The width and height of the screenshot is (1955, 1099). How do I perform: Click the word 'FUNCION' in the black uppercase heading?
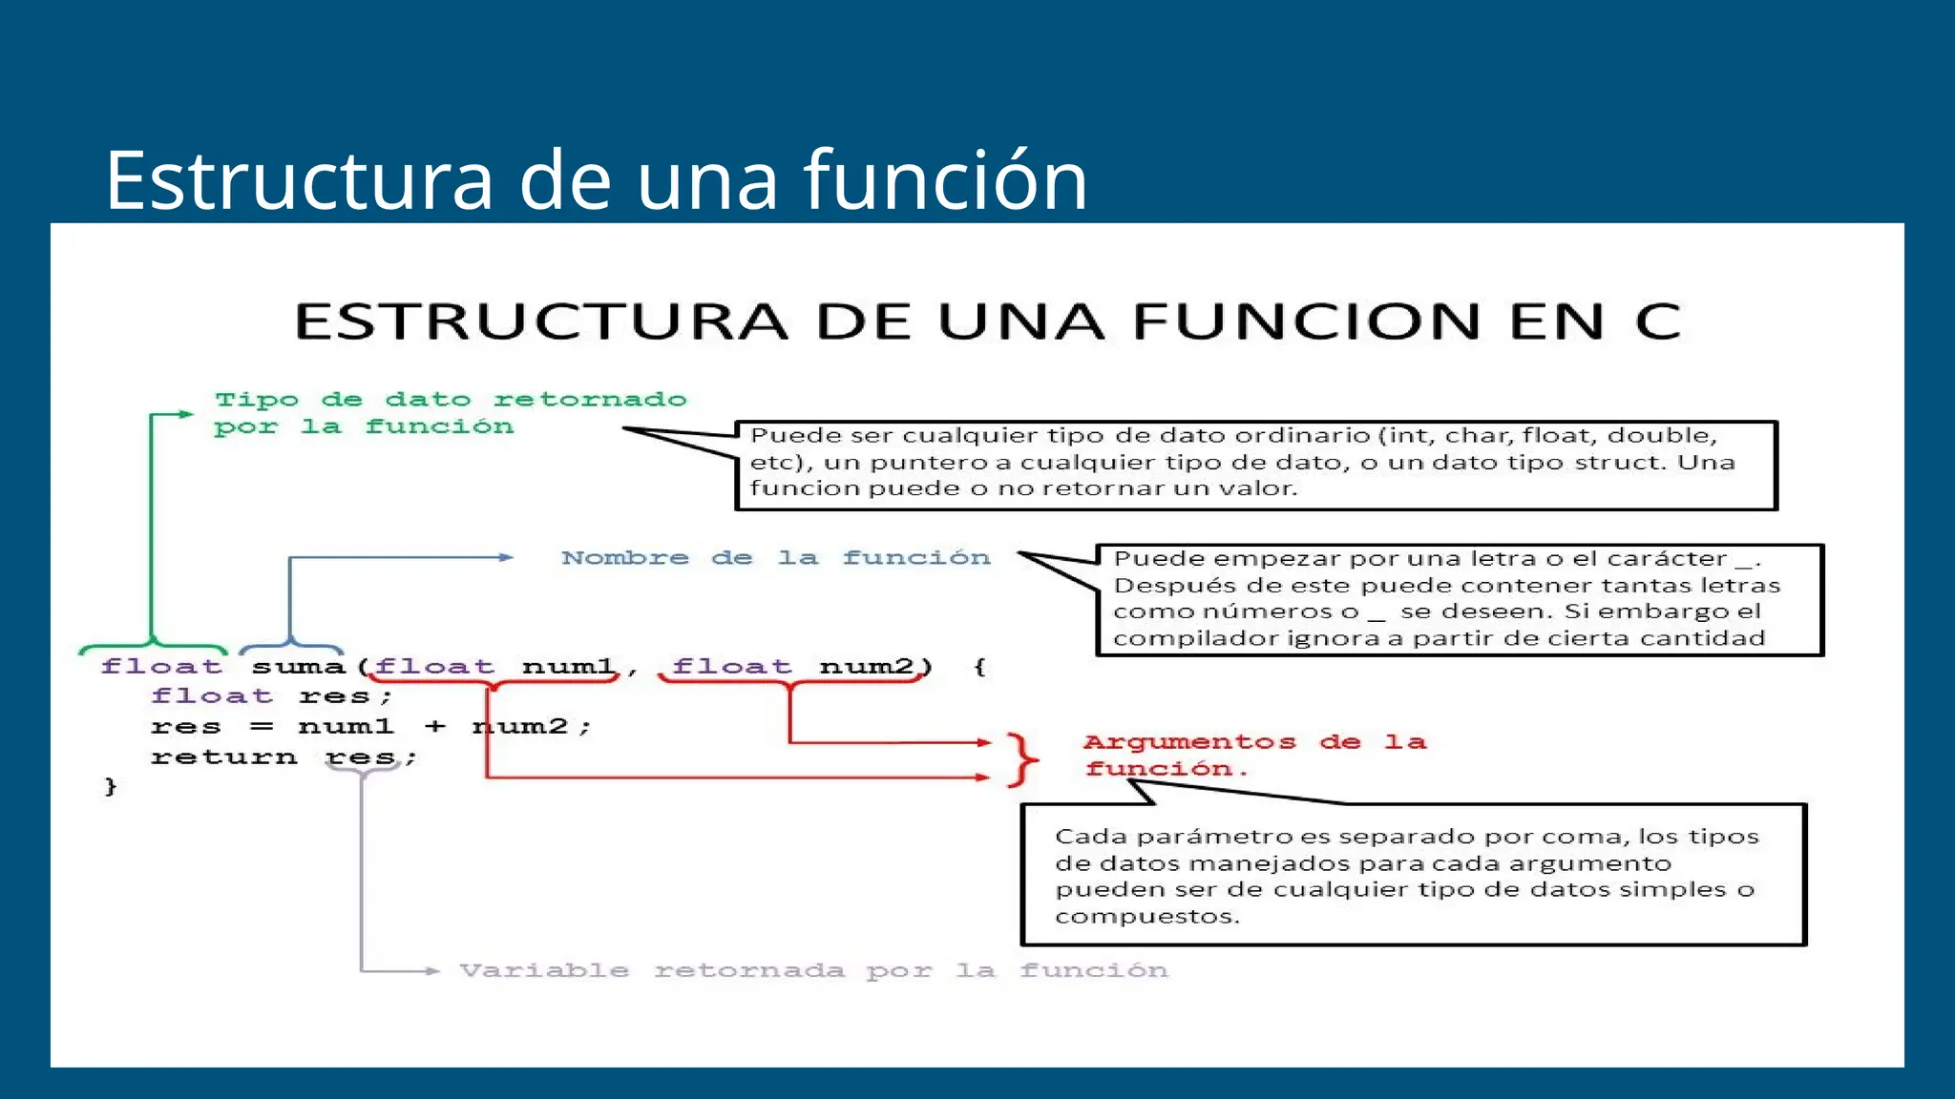click(x=1307, y=321)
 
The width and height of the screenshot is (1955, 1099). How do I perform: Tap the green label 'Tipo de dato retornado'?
click(x=451, y=400)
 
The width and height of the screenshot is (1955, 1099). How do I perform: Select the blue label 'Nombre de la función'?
click(x=775, y=558)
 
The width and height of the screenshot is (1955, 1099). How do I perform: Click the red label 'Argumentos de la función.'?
click(x=1253, y=755)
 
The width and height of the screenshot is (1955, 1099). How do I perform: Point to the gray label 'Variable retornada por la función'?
click(x=813, y=971)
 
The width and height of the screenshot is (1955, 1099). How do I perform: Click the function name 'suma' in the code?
click(x=298, y=667)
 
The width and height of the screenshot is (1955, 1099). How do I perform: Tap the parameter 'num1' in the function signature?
click(x=569, y=667)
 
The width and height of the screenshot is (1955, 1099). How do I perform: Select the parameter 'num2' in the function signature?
click(x=867, y=667)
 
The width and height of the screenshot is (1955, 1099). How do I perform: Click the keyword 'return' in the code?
click(x=223, y=757)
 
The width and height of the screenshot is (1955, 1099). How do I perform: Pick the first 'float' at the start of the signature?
click(x=161, y=667)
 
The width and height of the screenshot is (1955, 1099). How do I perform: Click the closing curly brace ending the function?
click(x=111, y=787)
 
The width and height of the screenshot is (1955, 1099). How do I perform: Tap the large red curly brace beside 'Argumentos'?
click(x=1022, y=759)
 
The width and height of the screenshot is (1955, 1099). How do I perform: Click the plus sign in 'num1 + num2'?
click(x=435, y=727)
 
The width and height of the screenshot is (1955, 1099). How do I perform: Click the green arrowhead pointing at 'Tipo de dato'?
click(x=186, y=414)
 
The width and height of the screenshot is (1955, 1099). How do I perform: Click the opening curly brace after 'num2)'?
click(x=979, y=667)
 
